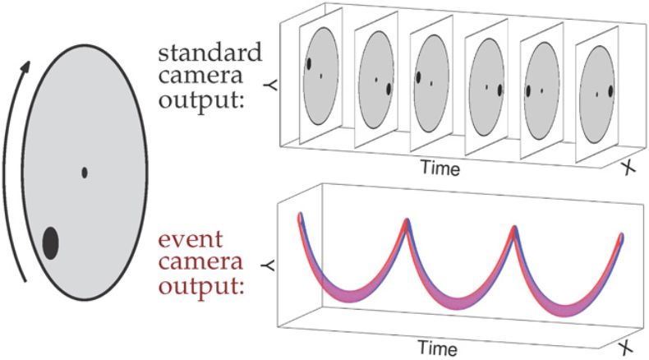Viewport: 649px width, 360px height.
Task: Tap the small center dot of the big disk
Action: pyautogui.click(x=85, y=173)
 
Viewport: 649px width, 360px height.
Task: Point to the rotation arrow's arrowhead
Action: pyautogui.click(x=30, y=64)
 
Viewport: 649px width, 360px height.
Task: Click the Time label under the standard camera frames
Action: pyautogui.click(x=441, y=168)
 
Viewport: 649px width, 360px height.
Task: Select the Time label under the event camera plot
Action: pyautogui.click(x=440, y=345)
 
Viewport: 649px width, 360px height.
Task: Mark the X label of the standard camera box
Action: pyautogui.click(x=630, y=168)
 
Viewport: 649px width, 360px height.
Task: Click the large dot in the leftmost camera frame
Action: pyautogui.click(x=309, y=62)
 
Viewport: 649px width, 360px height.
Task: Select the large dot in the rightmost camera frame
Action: pyautogui.click(x=610, y=91)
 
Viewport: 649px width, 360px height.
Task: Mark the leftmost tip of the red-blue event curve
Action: pyautogui.click(x=301, y=216)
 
